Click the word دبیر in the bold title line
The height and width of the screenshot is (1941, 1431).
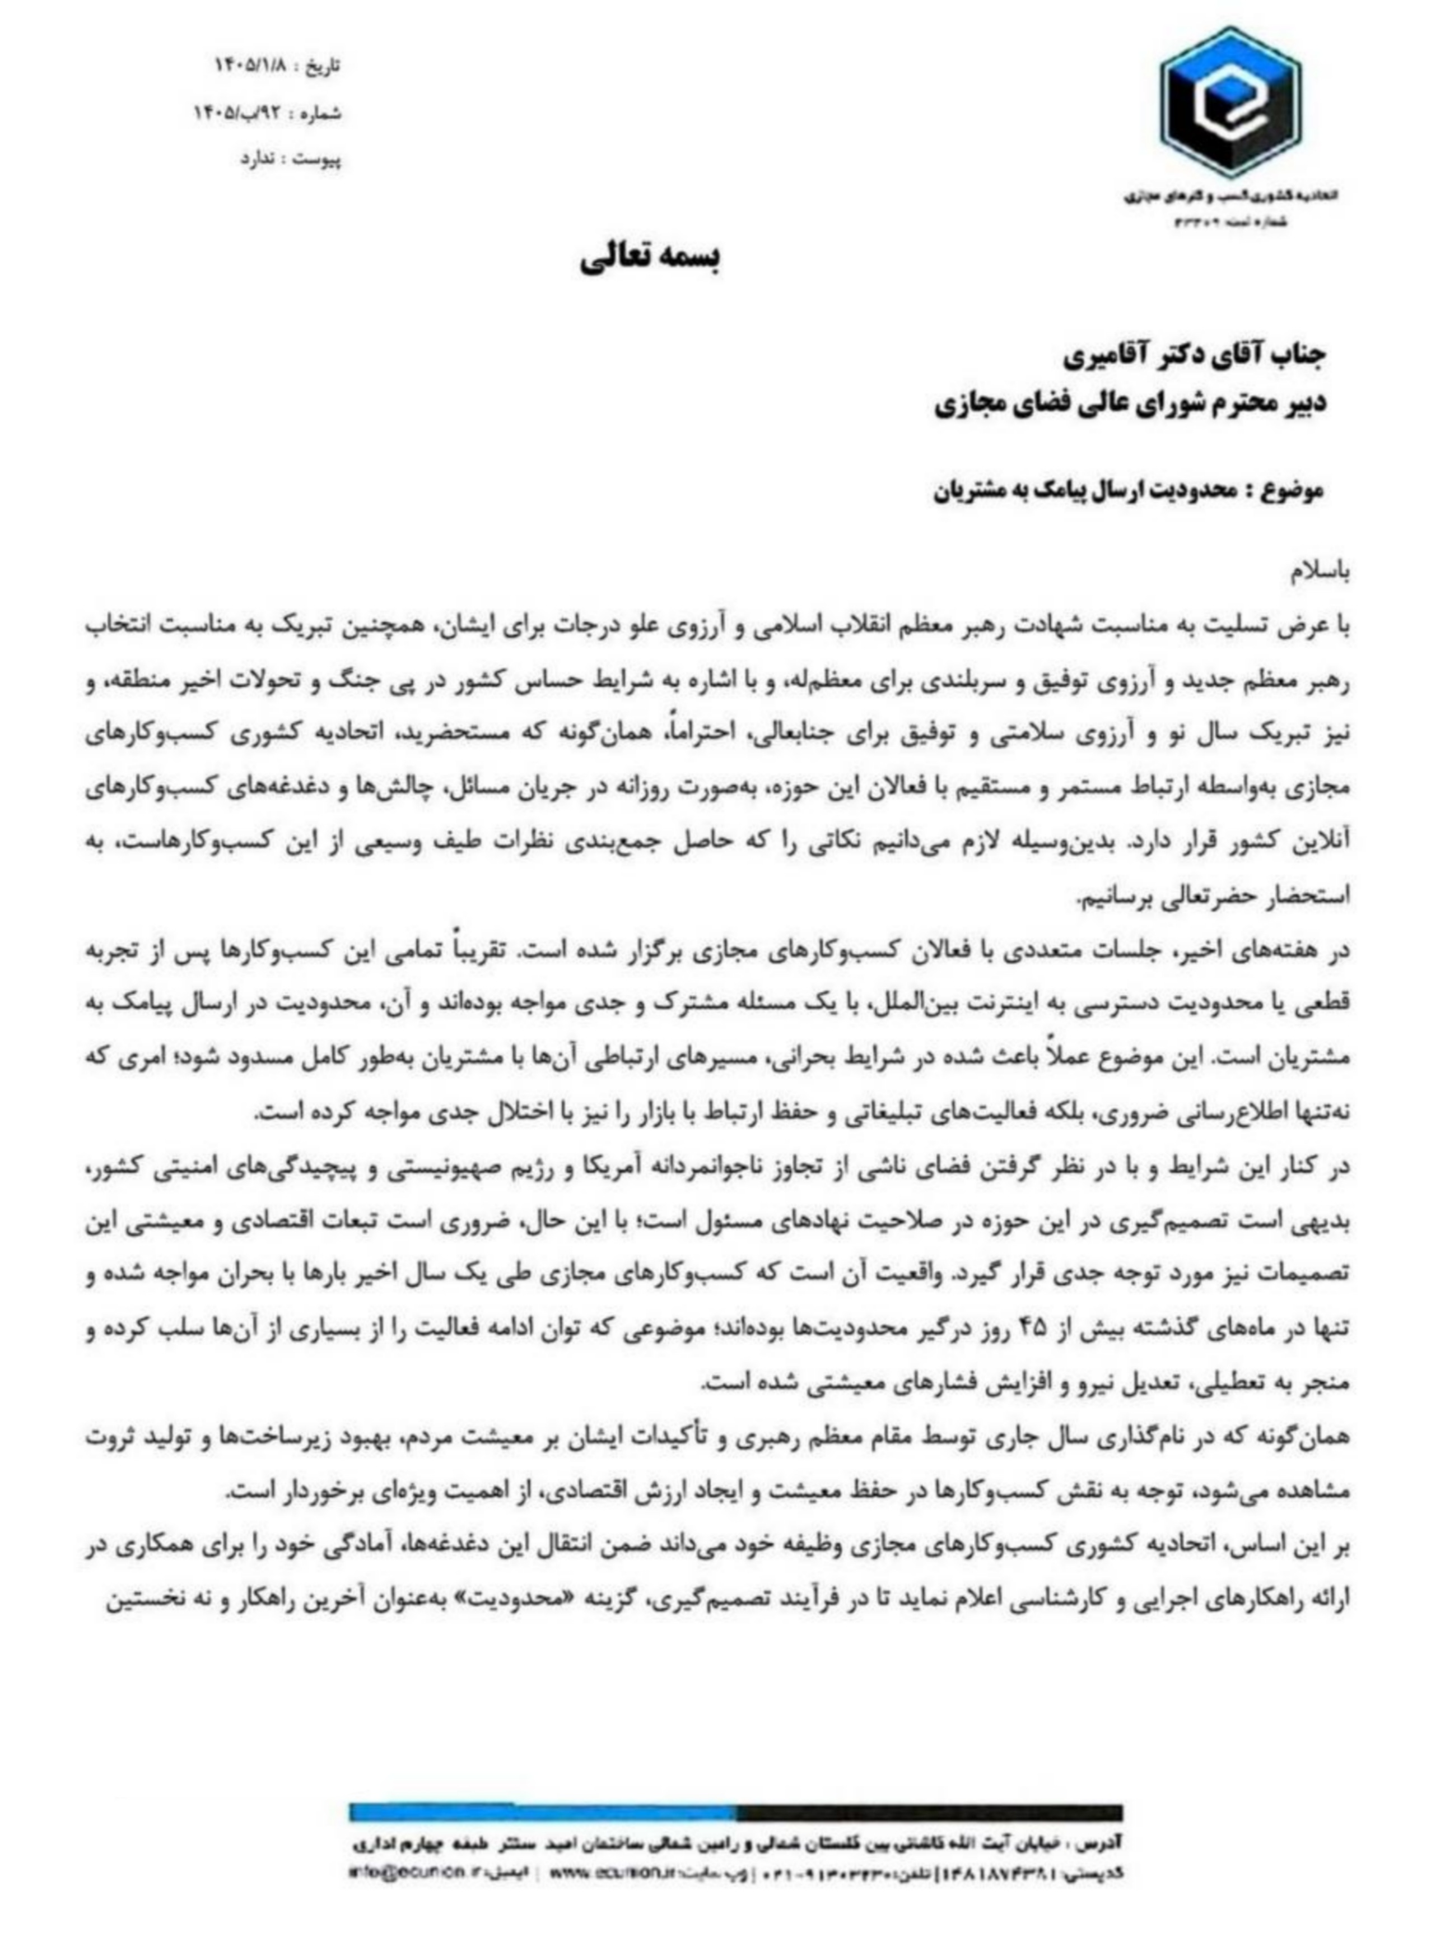click(x=1299, y=404)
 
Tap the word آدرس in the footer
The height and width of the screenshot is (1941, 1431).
click(x=1104, y=1842)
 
